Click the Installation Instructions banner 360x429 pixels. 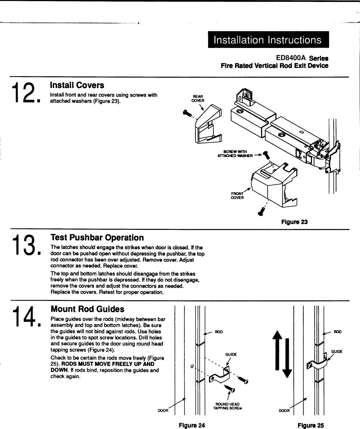[x=268, y=40]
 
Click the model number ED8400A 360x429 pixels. [x=291, y=58]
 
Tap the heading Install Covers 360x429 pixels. [x=77, y=85]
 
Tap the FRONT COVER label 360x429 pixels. [x=237, y=195]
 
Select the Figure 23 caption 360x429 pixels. [x=294, y=222]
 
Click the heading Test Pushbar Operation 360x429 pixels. [x=97, y=237]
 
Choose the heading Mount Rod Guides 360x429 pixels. [x=87, y=309]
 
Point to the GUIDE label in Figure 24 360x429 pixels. [x=231, y=354]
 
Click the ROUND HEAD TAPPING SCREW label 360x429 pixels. [x=228, y=406]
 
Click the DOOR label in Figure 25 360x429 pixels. [x=284, y=411]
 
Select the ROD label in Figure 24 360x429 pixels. [x=219, y=332]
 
